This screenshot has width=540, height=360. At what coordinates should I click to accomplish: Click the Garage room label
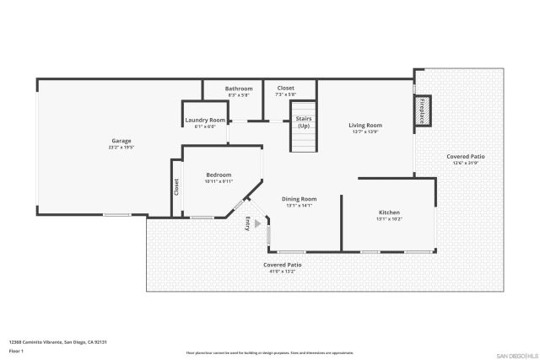(x=121, y=141)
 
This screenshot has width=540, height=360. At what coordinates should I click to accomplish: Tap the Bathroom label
(x=239, y=89)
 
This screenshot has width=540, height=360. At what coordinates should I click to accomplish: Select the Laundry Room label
(x=205, y=121)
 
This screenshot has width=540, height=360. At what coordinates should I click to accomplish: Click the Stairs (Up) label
(x=304, y=122)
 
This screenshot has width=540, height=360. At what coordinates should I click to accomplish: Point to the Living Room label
(x=366, y=126)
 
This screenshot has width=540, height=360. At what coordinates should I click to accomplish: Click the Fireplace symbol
(x=421, y=110)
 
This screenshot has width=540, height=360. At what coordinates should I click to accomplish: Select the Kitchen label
(x=389, y=212)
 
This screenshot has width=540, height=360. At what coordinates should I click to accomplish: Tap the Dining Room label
(x=299, y=199)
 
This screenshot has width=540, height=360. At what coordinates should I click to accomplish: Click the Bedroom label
(x=219, y=175)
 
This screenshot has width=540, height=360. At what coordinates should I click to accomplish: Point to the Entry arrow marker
(x=258, y=223)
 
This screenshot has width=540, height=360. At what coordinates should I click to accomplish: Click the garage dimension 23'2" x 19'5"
(x=121, y=148)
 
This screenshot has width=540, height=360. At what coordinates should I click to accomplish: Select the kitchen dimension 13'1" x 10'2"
(x=389, y=219)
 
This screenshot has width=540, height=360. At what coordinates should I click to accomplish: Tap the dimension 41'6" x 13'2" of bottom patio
(x=282, y=271)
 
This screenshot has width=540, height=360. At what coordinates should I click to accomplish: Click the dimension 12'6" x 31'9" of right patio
(x=465, y=164)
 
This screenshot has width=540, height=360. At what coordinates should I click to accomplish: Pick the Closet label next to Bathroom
(x=286, y=88)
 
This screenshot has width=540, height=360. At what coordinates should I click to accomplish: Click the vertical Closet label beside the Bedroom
(x=176, y=186)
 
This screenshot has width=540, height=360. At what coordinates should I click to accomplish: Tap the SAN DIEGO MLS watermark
(x=516, y=355)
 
